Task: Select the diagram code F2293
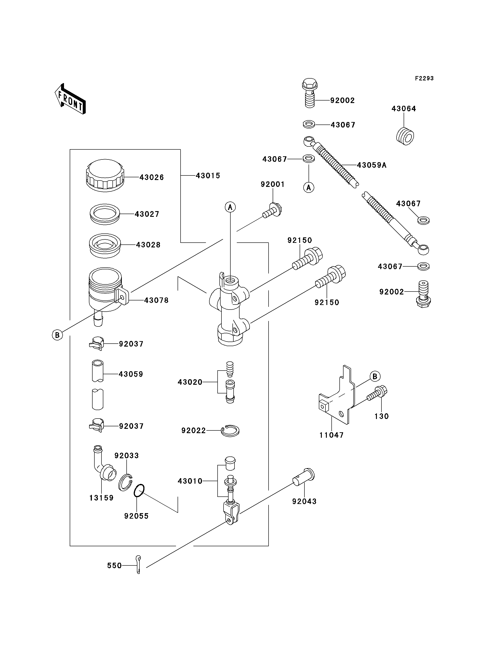[424, 78]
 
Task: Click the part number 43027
[147, 214]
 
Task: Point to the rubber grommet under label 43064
[405, 136]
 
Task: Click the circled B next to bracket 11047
[375, 376]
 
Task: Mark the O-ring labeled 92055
[139, 491]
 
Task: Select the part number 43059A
[372, 165]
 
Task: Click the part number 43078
[156, 300]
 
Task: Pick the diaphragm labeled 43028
[105, 245]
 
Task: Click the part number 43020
[190, 382]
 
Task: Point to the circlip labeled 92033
[125, 482]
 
